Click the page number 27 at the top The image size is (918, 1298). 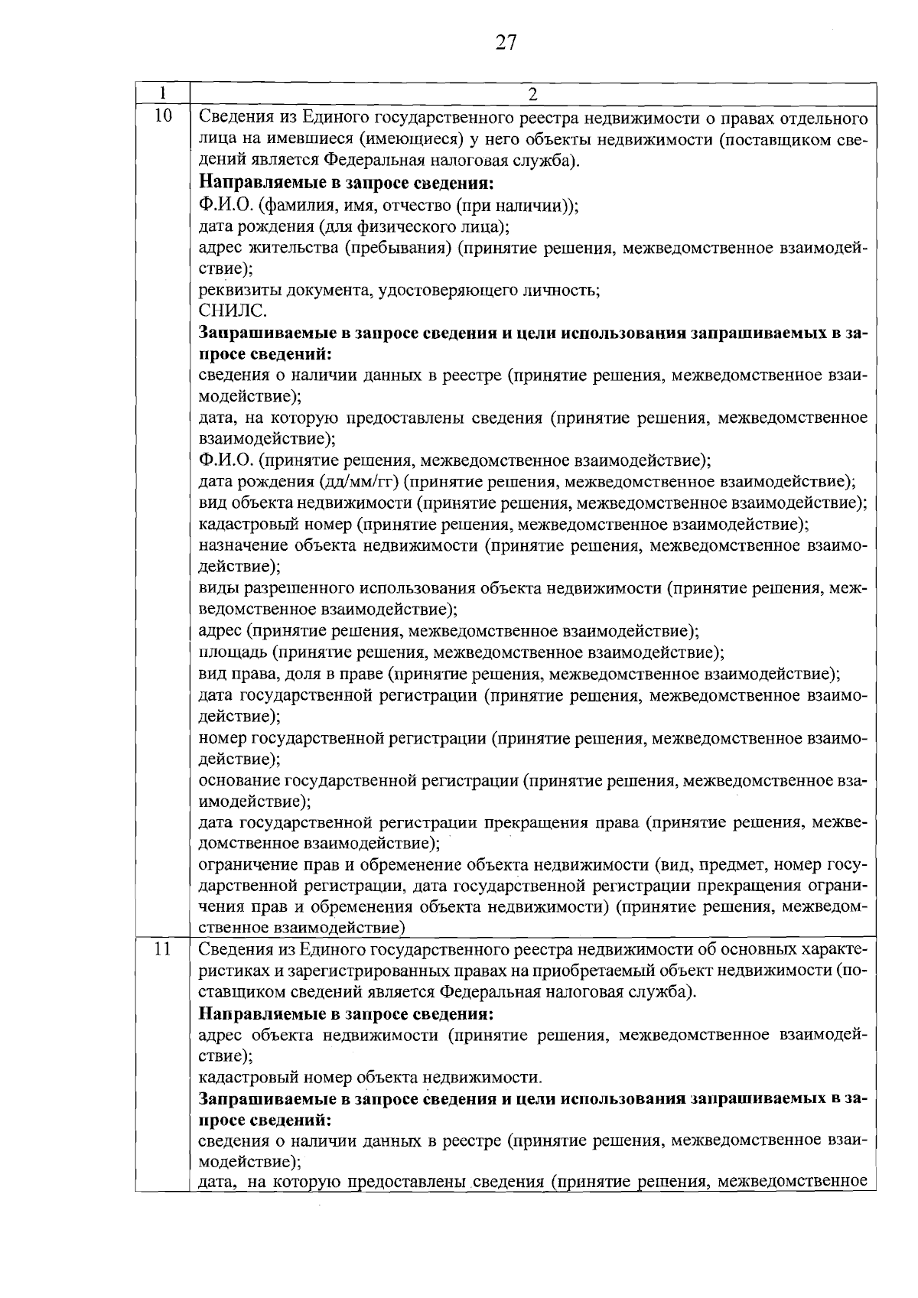coord(506,43)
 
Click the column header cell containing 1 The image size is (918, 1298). coord(163,93)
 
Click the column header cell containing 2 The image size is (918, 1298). coord(532,94)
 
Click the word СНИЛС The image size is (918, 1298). coord(233,311)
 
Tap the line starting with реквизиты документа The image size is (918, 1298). coord(399,290)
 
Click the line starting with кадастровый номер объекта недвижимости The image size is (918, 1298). coord(370,1078)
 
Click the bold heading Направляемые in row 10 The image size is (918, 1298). coord(346,183)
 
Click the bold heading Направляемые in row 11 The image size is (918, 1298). coord(346,1015)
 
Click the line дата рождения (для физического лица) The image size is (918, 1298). coord(354,226)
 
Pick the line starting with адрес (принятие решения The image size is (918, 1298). coord(448,632)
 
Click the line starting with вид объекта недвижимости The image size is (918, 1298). coord(532,503)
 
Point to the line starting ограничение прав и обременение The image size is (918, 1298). coord(532,865)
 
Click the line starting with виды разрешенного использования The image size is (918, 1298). coord(532,588)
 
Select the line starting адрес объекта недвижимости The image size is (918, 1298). coord(532,1036)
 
